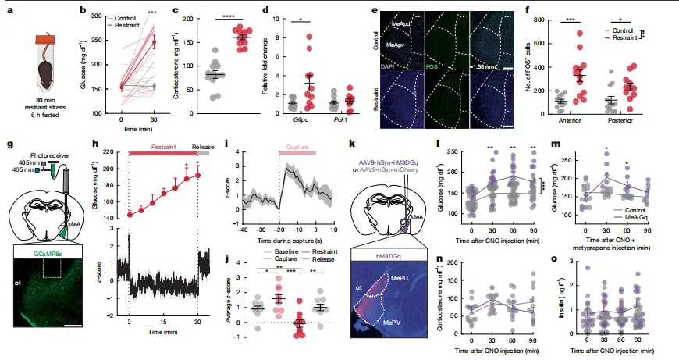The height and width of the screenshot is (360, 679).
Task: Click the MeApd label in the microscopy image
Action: pyautogui.click(x=402, y=25)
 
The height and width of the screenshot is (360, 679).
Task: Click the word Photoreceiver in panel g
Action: pyautogui.click(x=47, y=155)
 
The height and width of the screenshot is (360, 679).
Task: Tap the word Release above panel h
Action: pyautogui.click(x=202, y=144)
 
